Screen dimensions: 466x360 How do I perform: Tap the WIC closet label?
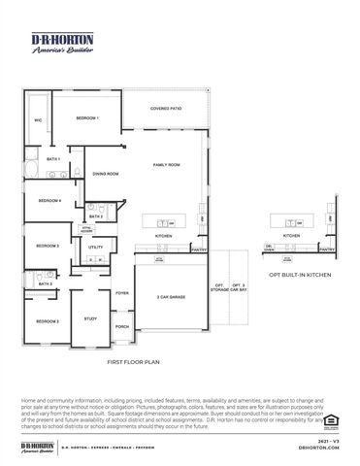[38, 120]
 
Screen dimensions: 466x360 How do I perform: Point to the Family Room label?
[167, 166]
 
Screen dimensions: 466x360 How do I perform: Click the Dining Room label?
[106, 174]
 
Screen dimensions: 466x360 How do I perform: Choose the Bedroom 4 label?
[49, 201]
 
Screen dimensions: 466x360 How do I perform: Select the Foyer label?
[122, 292]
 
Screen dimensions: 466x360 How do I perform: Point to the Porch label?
[122, 327]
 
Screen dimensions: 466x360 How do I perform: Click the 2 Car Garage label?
[171, 296]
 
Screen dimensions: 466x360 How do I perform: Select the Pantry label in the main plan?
[199, 249]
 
